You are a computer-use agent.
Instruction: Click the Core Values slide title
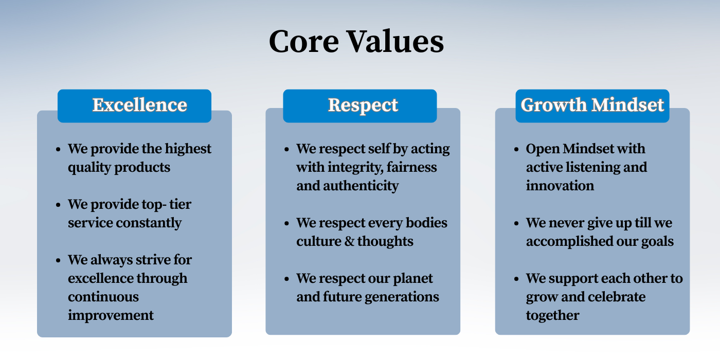(x=356, y=41)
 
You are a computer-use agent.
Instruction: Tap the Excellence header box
(x=134, y=106)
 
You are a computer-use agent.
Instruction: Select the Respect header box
(x=360, y=106)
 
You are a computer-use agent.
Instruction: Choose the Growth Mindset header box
(x=592, y=106)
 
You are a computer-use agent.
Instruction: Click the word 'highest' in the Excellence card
(x=188, y=149)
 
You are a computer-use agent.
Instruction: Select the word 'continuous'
(x=103, y=297)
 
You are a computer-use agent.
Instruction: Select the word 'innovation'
(x=560, y=186)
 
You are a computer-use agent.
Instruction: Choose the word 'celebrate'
(x=619, y=297)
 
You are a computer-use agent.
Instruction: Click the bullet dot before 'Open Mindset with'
(x=516, y=150)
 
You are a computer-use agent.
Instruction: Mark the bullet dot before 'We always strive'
(x=58, y=260)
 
